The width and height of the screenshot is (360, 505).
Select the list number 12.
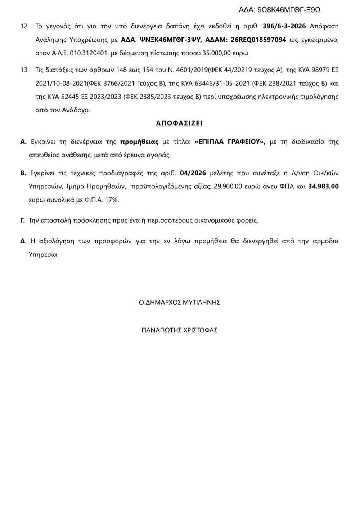[24, 26]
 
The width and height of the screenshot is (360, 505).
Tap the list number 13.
[24, 70]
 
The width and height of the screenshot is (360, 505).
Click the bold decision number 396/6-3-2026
[285, 26]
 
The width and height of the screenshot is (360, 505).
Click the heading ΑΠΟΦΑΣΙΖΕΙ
[179, 123]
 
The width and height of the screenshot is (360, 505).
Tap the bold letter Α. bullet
[23, 142]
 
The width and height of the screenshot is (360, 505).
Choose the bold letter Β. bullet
[23, 173]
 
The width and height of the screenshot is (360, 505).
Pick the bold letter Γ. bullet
[23, 220]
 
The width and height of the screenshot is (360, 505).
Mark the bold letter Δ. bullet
[23, 241]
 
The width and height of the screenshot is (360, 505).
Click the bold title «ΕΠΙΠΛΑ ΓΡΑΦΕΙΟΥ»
[230, 142]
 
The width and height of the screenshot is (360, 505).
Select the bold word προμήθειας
[139, 142]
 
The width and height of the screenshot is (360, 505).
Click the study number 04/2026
[193, 173]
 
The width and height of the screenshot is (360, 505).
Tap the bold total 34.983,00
[324, 187]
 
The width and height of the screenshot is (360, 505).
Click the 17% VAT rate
[112, 200]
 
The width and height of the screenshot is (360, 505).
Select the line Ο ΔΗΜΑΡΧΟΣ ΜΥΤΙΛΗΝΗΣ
[179, 303]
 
